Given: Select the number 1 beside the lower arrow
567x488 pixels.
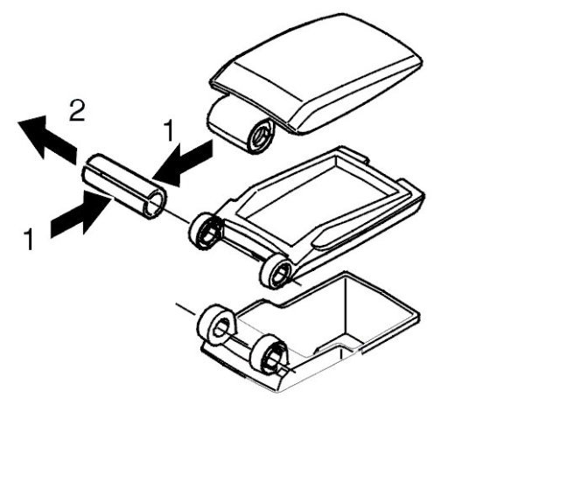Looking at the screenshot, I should (x=30, y=238).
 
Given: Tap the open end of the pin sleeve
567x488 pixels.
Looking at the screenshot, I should (x=155, y=204).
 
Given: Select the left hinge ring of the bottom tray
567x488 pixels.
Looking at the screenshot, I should (x=217, y=326).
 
